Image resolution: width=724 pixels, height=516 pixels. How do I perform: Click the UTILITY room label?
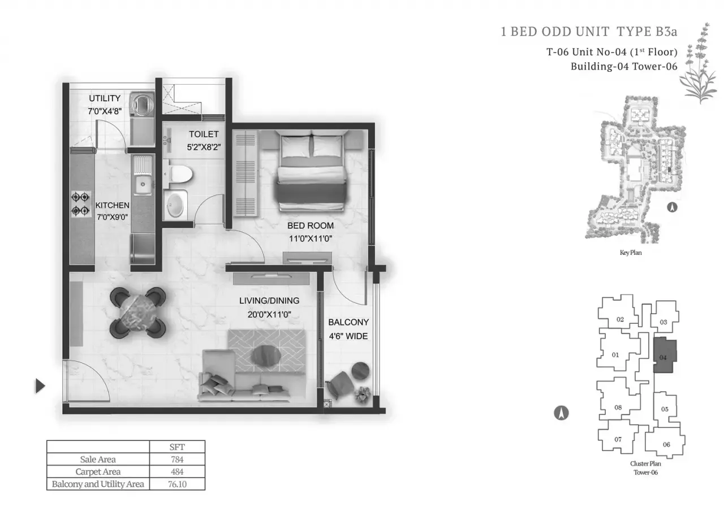104,98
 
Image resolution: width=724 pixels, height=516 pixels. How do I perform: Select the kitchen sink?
142,182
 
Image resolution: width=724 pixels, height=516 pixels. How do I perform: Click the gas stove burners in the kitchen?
80,204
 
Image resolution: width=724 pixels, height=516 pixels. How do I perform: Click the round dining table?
138,311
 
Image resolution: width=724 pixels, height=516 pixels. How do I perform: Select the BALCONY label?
348,322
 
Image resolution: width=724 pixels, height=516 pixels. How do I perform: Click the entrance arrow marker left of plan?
40,386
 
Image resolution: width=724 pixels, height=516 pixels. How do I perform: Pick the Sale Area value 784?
177,459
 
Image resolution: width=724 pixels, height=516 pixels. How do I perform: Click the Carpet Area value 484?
177,471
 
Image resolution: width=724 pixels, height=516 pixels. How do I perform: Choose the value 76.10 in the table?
177,484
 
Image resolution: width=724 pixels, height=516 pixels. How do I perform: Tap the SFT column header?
177,446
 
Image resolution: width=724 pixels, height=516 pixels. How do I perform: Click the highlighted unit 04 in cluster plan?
663,357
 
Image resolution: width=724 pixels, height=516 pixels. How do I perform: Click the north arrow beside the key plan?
673,207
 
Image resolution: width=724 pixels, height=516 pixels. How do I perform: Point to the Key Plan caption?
631,253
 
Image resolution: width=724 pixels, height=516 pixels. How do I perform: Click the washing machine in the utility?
140,104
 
